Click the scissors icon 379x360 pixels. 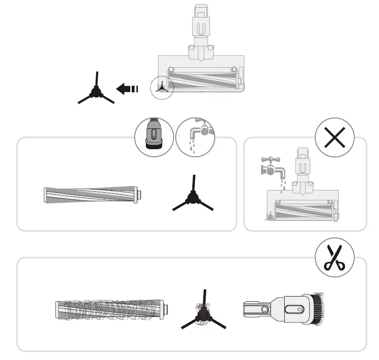pyautogui.click(x=334, y=257)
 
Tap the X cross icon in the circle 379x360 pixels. pyautogui.click(x=334, y=137)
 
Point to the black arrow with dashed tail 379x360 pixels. pyautogui.click(x=126, y=89)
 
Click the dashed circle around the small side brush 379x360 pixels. pyautogui.click(x=162, y=88)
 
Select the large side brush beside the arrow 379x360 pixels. pyautogui.click(x=96, y=91)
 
